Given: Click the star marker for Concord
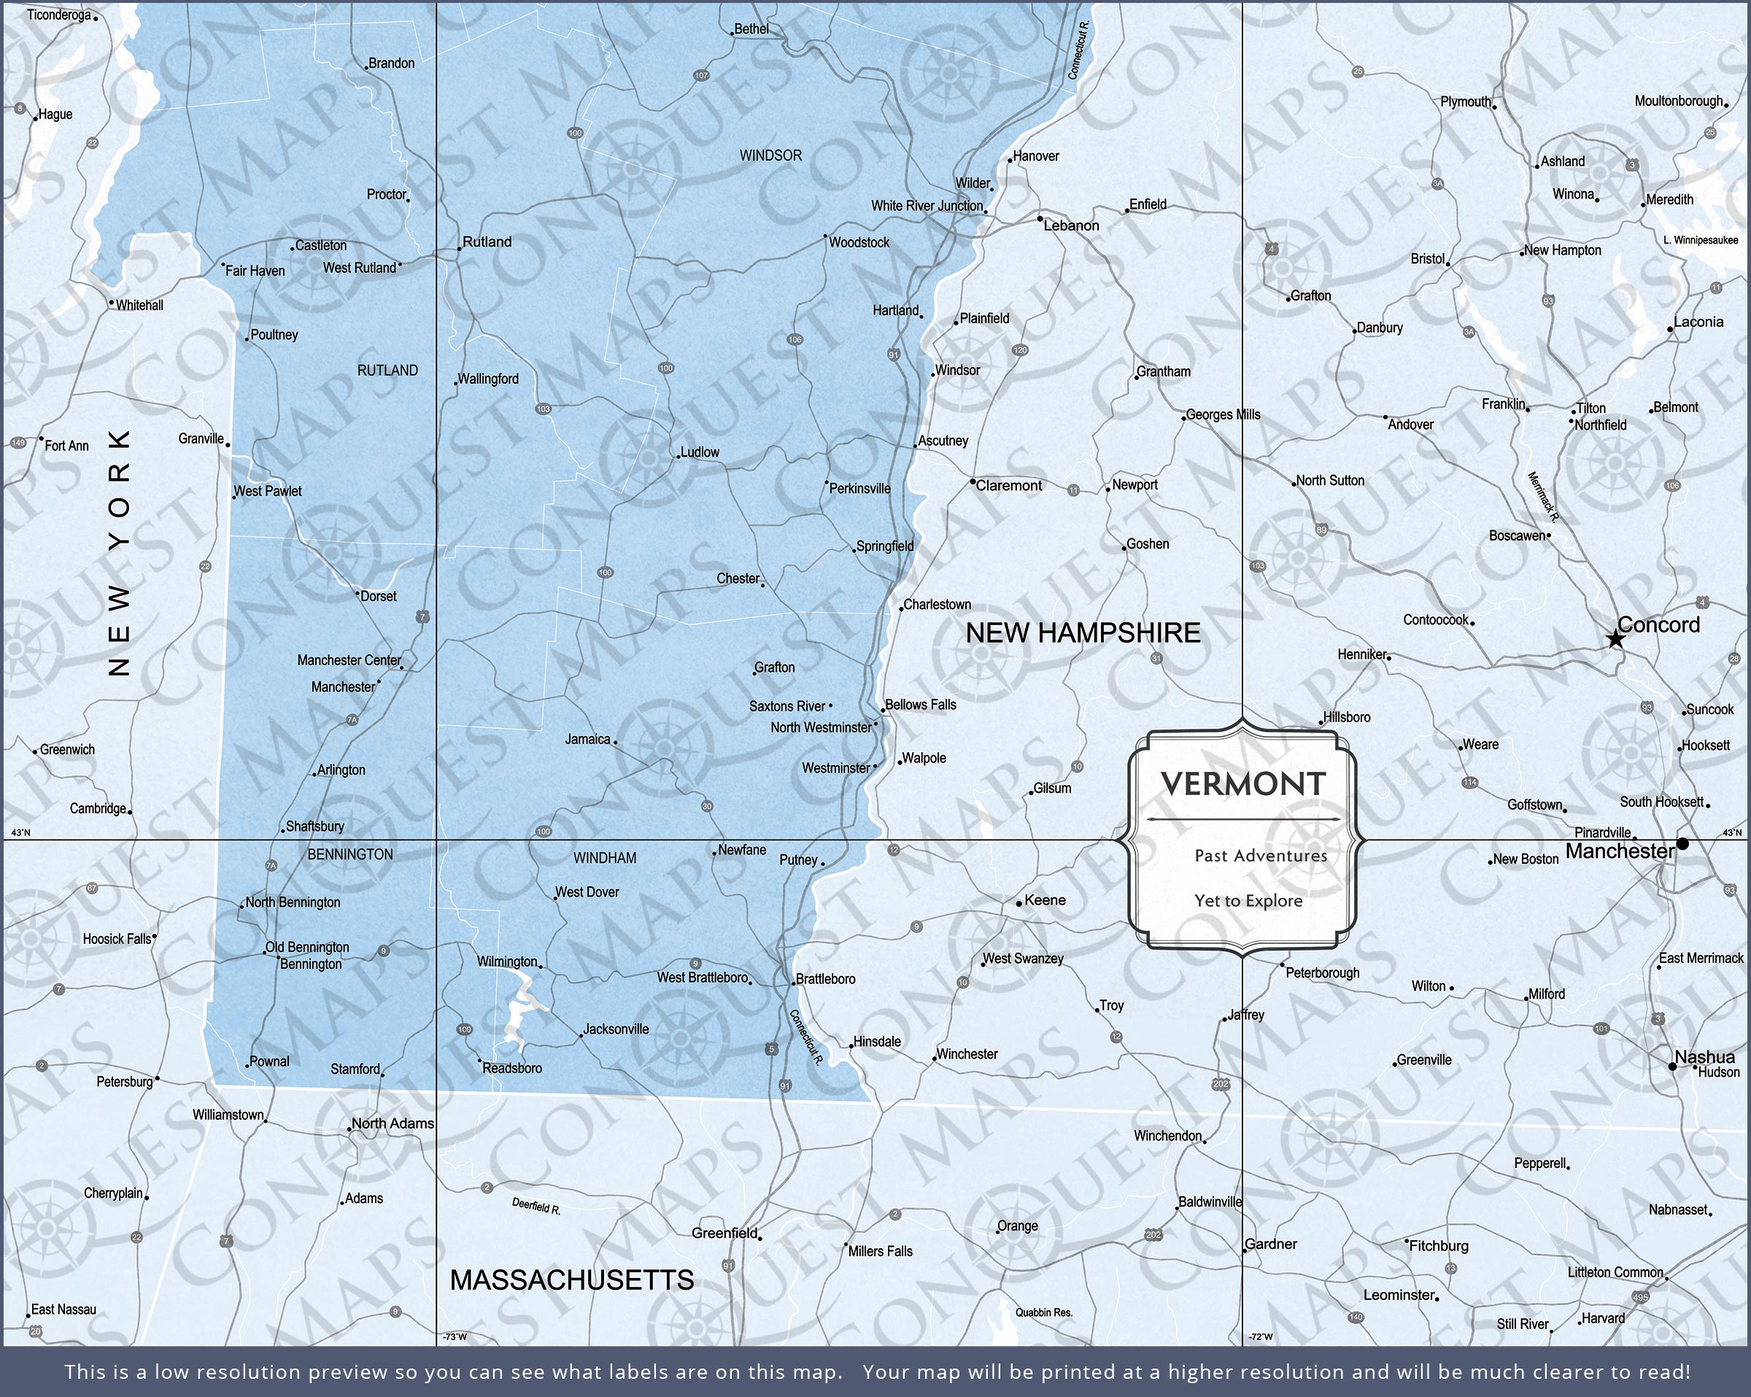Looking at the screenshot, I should [1615, 640].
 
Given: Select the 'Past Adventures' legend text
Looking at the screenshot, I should [1261, 855].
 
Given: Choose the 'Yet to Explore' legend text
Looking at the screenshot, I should [1248, 901].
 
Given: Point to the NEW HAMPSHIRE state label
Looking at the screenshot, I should [1083, 633].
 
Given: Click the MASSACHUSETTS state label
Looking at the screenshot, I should [572, 1280].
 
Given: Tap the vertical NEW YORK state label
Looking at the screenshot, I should [120, 552].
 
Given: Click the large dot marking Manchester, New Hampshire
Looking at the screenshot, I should [1682, 844].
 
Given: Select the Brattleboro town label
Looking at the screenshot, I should [825, 979].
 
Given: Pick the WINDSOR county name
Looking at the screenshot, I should [770, 155].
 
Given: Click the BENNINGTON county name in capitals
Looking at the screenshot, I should [350, 854].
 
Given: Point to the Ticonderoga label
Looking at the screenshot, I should [58, 15].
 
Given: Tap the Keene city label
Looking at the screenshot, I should [1045, 900].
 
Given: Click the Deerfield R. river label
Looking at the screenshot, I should [536, 1207].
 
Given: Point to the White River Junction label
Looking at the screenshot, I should [927, 206].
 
